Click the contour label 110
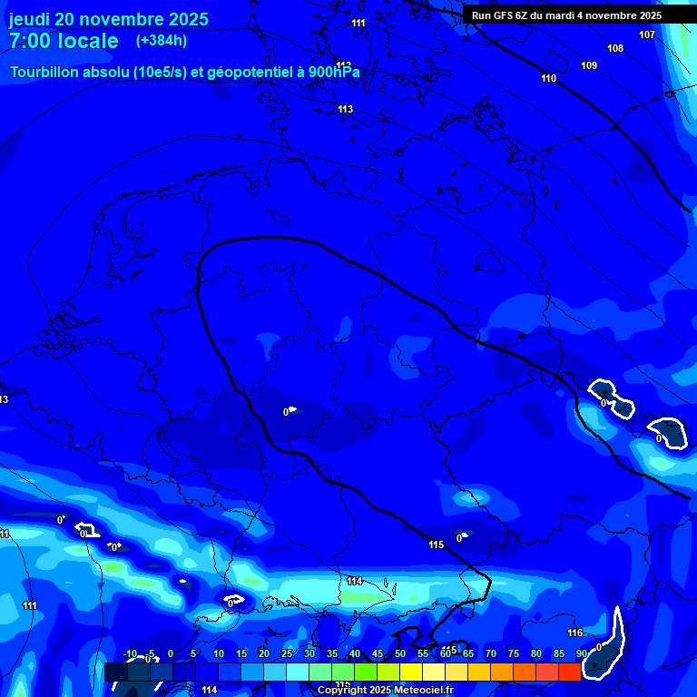(x=548, y=78)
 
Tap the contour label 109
(x=589, y=65)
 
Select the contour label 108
(x=615, y=48)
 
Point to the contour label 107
(x=647, y=34)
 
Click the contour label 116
(x=574, y=633)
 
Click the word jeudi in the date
(x=29, y=19)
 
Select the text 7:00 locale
(x=64, y=41)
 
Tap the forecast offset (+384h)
(x=162, y=41)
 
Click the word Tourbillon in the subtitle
(x=45, y=72)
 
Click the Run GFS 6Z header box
(x=566, y=15)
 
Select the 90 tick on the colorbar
(x=581, y=653)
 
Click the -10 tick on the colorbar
(x=129, y=653)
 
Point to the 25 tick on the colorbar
(x=287, y=653)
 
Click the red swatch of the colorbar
(x=569, y=672)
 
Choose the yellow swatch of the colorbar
(x=410, y=672)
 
